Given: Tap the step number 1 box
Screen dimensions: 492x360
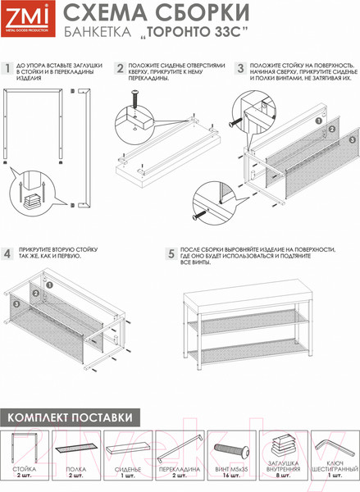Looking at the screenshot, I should (8, 69).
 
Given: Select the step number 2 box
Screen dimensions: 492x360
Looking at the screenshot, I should (120, 69).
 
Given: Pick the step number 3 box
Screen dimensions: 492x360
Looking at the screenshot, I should (240, 69).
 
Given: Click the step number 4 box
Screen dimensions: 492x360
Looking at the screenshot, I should (8, 255).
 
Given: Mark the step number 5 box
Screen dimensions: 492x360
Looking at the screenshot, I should (171, 255).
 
